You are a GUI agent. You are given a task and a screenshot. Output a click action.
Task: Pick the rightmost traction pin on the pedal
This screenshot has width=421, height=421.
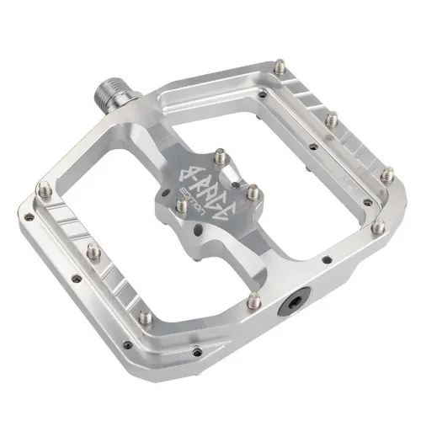(x=388, y=176)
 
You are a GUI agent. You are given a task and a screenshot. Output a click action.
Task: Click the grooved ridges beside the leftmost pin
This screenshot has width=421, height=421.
(x=63, y=210)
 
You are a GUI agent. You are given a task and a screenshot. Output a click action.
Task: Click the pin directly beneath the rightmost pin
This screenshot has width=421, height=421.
(x=378, y=226)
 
